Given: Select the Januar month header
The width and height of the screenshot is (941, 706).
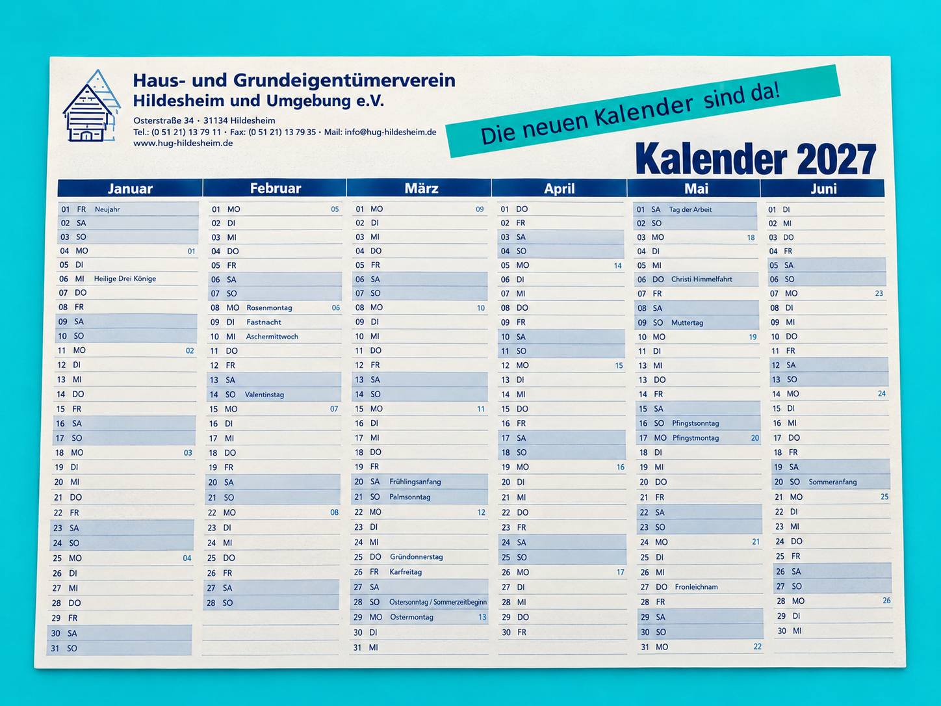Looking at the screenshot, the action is tap(130, 189).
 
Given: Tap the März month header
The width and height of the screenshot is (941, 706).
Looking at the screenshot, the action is tap(421, 188).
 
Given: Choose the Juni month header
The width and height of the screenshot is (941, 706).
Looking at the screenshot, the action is tap(823, 189).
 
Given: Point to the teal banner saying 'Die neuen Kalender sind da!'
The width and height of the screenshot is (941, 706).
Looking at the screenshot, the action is tap(643, 111).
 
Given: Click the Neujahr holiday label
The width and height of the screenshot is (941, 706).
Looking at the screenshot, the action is tap(107, 209).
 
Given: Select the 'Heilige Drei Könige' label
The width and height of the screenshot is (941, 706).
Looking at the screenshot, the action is tap(125, 279).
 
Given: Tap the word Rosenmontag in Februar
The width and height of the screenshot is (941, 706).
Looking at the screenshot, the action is tap(269, 307).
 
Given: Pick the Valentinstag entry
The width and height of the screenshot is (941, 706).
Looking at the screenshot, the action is tap(264, 395).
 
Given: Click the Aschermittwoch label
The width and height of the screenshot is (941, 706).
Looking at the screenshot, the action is tap(272, 337).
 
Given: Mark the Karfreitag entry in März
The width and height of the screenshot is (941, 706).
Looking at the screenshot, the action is tap(406, 572).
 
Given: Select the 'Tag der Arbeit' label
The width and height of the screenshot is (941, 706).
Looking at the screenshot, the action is tap(690, 209).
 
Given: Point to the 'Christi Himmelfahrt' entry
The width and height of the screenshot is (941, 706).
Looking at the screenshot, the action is tap(701, 279).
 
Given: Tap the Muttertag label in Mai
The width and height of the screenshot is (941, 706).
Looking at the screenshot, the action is tap(687, 323).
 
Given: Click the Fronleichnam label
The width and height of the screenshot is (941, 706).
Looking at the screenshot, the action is tap(696, 587).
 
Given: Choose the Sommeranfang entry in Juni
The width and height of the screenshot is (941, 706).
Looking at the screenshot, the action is tap(832, 482).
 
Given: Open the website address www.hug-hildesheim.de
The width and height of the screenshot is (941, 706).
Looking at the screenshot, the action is tap(183, 143).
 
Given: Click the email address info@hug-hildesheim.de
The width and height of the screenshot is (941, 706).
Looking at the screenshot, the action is tap(391, 132).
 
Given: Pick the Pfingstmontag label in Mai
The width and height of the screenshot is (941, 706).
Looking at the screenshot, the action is tap(695, 438).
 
